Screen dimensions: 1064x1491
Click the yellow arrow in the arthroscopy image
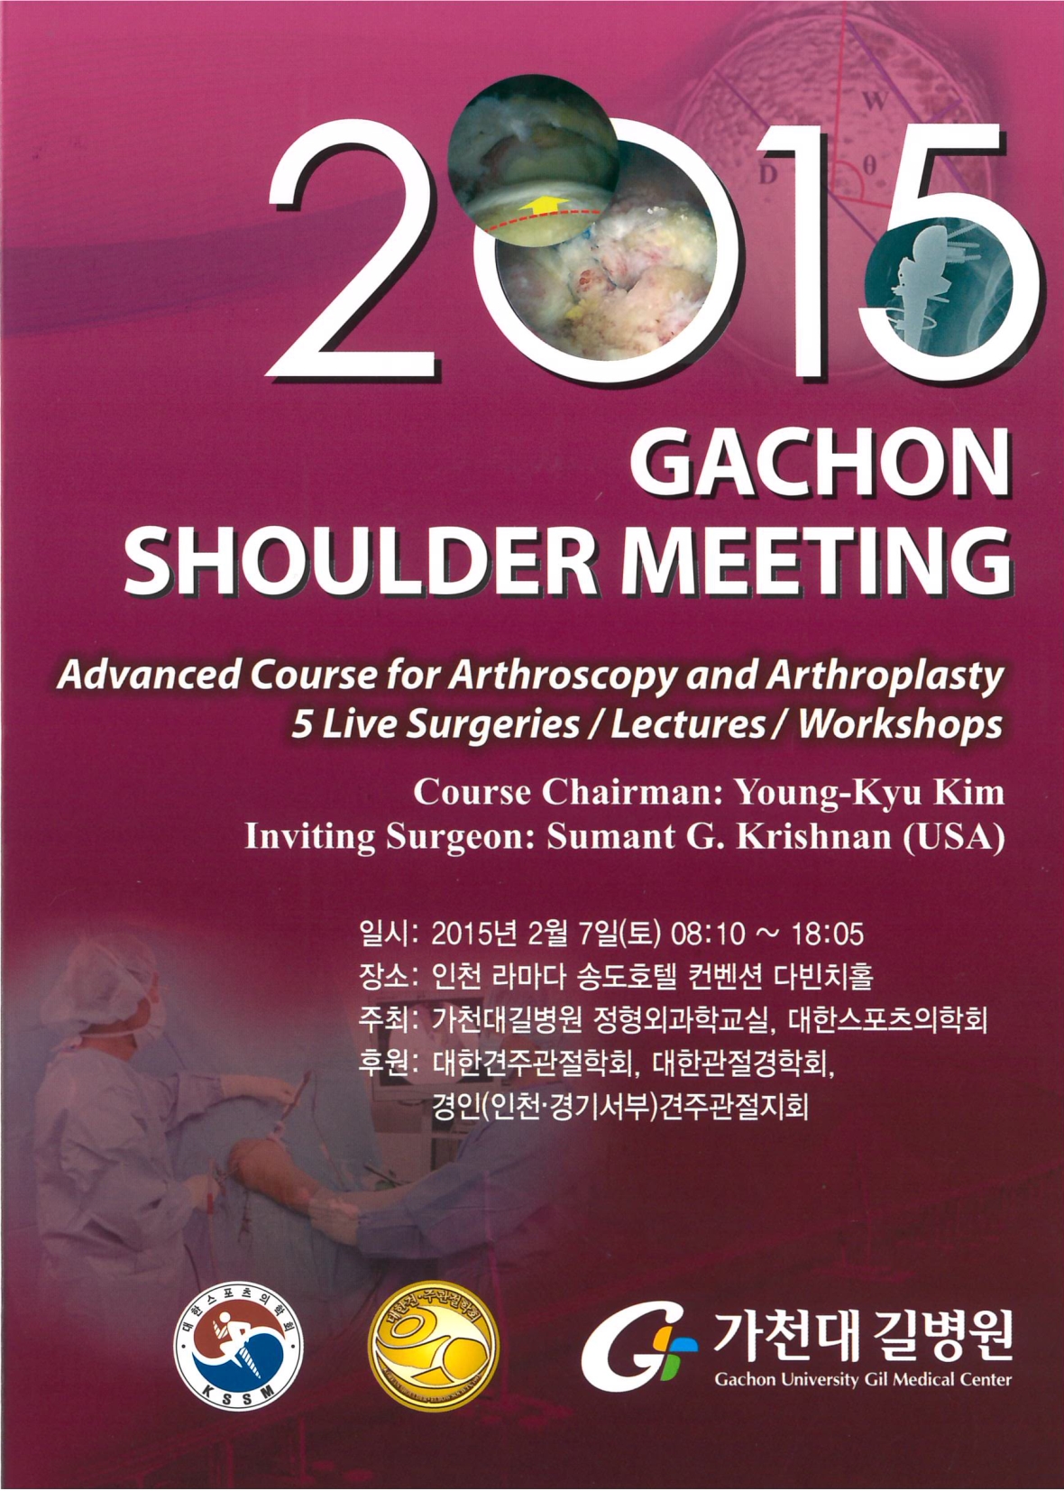tap(545, 205)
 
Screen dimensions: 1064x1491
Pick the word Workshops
tap(900, 725)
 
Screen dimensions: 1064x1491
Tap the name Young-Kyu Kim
tap(867, 794)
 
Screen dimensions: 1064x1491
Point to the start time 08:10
tap(710, 935)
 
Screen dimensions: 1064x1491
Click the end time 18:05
tap(827, 935)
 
